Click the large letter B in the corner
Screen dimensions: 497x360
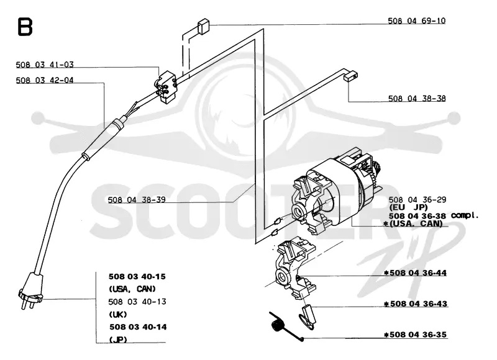click(25, 27)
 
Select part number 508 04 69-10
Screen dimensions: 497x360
click(416, 21)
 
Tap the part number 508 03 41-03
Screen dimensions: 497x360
click(45, 65)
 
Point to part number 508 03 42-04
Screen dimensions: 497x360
click(45, 81)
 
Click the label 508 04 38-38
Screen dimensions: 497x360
click(417, 99)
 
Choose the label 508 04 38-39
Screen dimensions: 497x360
click(137, 200)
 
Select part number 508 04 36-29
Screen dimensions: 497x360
click(417, 200)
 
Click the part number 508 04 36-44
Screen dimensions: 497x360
click(418, 273)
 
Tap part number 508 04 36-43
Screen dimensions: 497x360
click(418, 304)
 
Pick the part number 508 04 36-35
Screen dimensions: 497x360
click(418, 335)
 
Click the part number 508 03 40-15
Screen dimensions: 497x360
click(137, 277)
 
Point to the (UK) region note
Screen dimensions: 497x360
click(118, 315)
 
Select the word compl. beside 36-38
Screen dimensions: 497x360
click(464, 215)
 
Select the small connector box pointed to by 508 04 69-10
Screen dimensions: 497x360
click(204, 27)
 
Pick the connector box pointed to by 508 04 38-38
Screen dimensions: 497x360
click(351, 76)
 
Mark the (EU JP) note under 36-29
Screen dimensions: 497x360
click(408, 208)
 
